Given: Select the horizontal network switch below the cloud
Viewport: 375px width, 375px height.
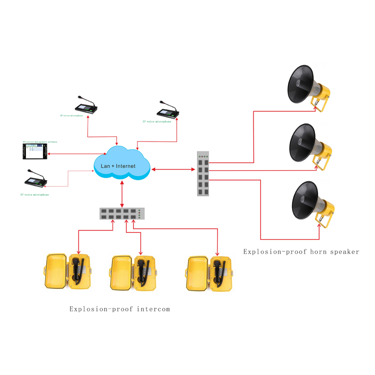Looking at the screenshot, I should click(122, 214).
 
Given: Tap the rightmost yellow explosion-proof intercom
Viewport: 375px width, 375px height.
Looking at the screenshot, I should click(209, 272).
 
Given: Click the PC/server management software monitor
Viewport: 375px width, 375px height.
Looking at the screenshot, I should click(35, 151).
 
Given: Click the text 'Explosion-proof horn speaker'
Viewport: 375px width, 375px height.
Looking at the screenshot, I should click(301, 252).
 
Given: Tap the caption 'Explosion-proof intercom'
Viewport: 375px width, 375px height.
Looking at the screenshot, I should click(120, 309).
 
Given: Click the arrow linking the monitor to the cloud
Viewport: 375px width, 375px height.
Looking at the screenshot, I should click(76, 153).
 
